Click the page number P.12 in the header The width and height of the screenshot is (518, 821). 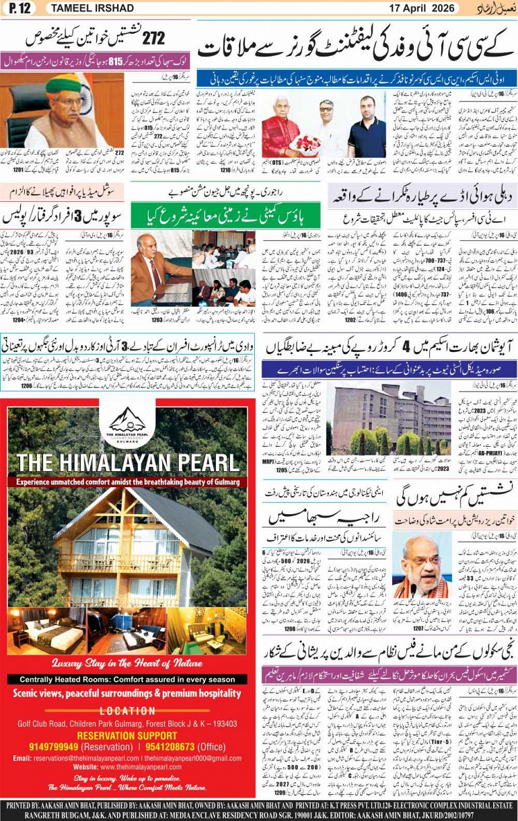tap(20, 8)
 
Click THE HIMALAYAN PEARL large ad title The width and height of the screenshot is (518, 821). tap(128, 463)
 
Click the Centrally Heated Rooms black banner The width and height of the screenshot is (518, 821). tap(127, 679)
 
